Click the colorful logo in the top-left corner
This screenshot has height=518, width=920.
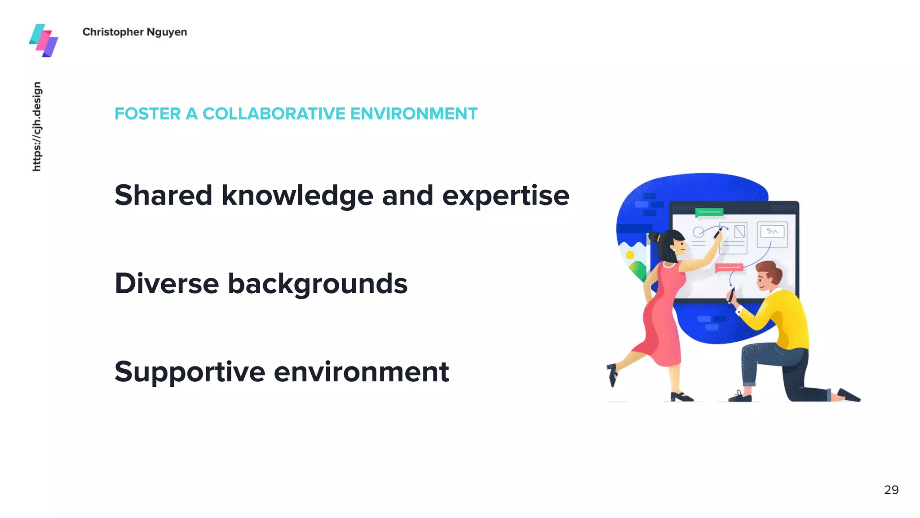[44, 40]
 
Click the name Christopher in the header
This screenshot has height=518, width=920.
[113, 32]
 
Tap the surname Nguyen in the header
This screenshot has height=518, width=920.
[167, 32]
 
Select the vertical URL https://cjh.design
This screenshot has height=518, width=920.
[37, 126]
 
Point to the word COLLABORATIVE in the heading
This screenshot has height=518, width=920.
[274, 114]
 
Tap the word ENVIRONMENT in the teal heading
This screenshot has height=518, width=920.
[414, 114]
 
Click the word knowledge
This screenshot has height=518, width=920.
[297, 196]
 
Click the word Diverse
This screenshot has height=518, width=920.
[167, 283]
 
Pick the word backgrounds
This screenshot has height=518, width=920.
[318, 284]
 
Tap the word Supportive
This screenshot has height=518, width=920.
[190, 372]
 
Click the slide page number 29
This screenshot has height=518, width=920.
[891, 490]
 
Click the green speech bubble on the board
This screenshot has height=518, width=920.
[709, 212]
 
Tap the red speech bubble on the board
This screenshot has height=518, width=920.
[729, 268]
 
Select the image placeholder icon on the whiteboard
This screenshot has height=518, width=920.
[772, 232]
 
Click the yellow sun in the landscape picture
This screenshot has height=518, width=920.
[630, 255]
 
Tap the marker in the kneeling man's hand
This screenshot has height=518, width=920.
[731, 295]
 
